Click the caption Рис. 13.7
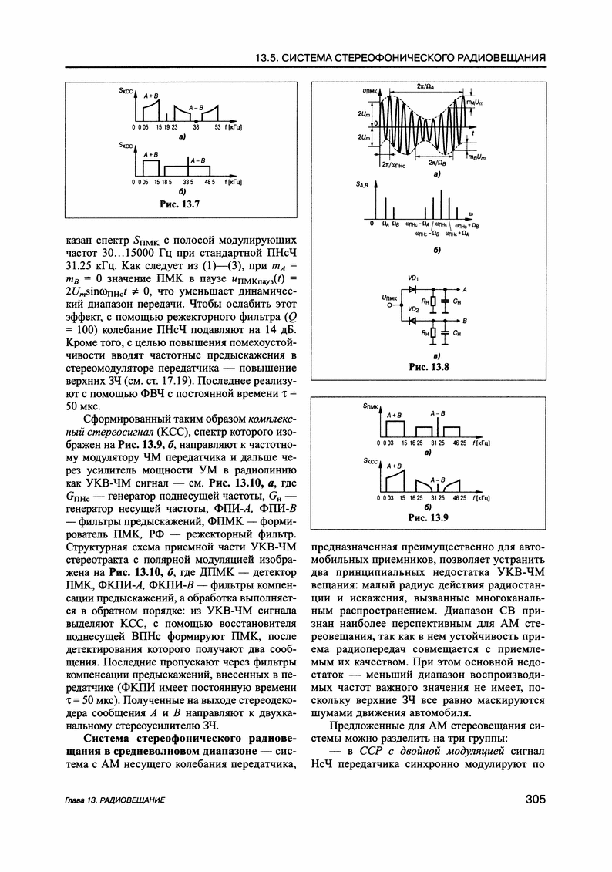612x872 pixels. click(179, 205)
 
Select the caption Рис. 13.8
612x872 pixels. click(429, 367)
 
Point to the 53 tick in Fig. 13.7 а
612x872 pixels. click(218, 126)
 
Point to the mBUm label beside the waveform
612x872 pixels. click(476, 158)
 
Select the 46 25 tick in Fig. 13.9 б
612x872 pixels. click(459, 499)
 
